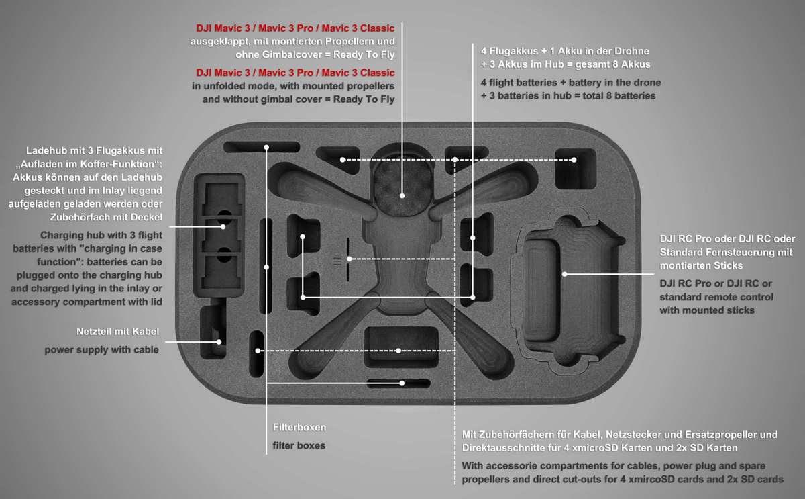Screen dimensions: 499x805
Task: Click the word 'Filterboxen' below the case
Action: tap(299, 427)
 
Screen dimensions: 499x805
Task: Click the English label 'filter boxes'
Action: tap(299, 445)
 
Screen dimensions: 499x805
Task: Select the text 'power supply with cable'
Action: tap(102, 349)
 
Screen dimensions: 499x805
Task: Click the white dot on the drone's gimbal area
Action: tap(402, 195)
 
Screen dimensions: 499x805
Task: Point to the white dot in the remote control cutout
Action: tap(565, 273)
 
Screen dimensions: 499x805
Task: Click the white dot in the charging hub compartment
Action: tap(219, 226)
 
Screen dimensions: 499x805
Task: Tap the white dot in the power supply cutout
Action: tap(219, 342)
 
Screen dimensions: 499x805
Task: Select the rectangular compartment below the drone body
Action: tap(400, 348)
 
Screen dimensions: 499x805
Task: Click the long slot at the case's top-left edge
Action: tap(262, 147)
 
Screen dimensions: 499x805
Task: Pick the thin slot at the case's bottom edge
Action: tap(398, 383)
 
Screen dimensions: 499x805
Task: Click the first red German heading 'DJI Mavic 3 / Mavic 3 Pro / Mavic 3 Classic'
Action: tap(295, 29)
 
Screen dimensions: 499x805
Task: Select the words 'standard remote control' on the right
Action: tap(716, 296)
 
